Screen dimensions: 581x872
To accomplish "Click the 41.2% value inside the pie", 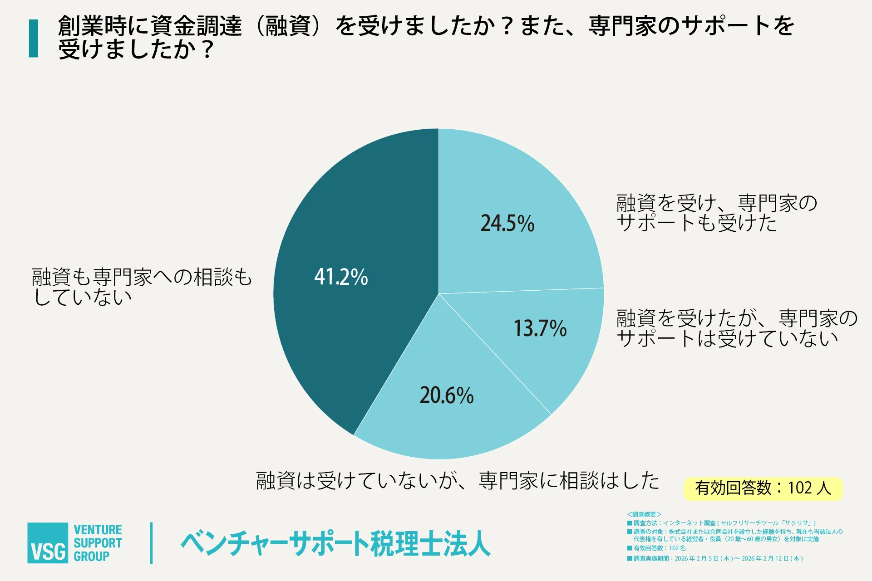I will pos(341,277).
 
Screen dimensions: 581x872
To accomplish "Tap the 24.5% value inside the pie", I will pos(507,223).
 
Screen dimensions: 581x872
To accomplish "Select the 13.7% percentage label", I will pos(540,328).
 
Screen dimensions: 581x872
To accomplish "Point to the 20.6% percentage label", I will pos(447,395).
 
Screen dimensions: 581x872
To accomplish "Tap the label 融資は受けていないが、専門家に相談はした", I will pos(458,481).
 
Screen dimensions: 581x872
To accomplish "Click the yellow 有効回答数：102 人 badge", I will pos(763,488).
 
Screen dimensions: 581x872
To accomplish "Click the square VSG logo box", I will pos(48,543).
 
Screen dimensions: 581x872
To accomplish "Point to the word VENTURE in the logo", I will pos(98,530).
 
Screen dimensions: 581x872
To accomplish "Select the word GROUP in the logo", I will pos(91,557).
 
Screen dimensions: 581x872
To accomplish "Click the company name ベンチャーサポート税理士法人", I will pos(336,543).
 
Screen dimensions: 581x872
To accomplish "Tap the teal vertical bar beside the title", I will pos(34,38).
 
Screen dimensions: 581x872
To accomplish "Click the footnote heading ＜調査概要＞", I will pos(644,514).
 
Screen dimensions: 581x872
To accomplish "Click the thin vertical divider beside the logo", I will pos(151,543).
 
